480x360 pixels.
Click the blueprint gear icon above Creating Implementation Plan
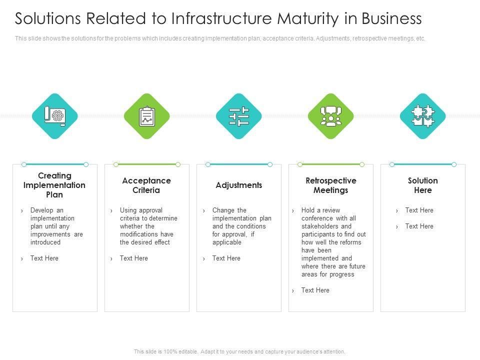click(x=55, y=116)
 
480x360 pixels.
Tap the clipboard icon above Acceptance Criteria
click(x=147, y=116)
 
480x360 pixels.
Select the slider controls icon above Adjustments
click(x=239, y=116)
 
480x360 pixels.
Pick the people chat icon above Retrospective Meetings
click(x=331, y=116)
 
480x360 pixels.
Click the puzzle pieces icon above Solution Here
click(x=423, y=116)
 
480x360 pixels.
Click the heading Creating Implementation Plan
click(x=55, y=185)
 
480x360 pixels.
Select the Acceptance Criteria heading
click(x=146, y=185)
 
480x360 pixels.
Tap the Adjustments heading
click(x=239, y=185)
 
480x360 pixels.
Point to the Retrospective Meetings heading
click(x=331, y=185)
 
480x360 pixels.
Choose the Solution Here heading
click(x=423, y=185)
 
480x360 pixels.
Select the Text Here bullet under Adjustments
click(x=226, y=258)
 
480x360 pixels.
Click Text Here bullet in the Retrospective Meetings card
click(x=315, y=290)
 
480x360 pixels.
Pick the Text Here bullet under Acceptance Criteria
click(x=134, y=258)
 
